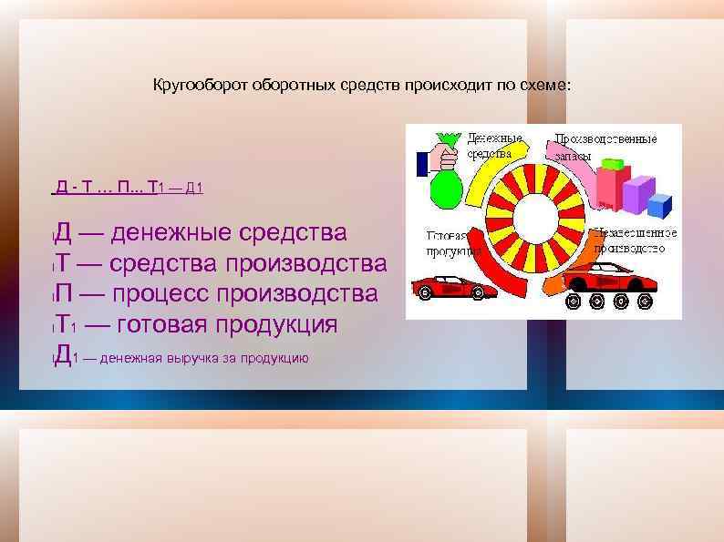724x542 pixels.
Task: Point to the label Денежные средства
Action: pos(490,147)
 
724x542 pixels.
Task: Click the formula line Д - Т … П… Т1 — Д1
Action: pos(129,189)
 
